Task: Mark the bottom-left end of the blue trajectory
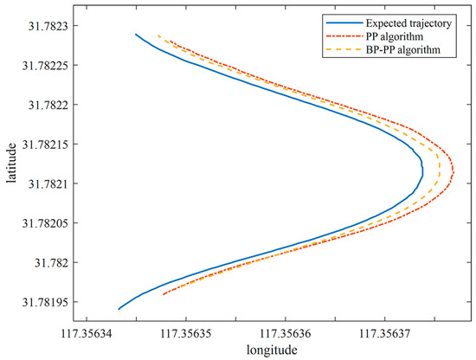coord(119,309)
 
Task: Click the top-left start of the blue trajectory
coord(136,35)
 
